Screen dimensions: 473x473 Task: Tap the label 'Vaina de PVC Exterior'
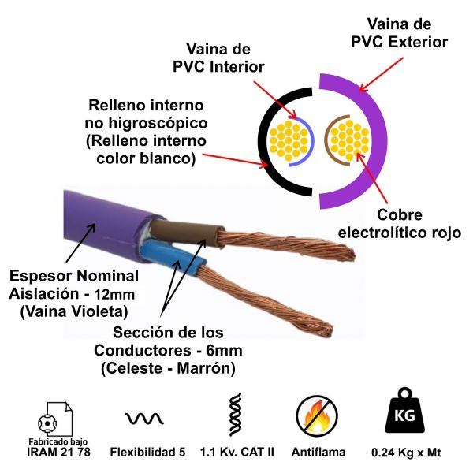pos(400,31)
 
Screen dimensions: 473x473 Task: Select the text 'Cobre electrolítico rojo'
pos(389,223)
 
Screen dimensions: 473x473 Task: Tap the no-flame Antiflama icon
pos(316,415)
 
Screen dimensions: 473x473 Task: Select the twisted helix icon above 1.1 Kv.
pos(234,414)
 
